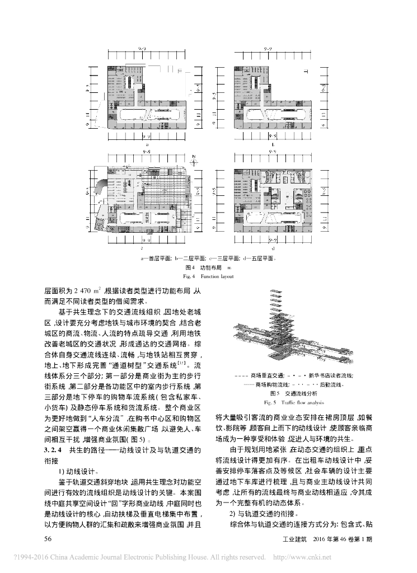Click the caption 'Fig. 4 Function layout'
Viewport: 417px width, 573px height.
pos(208,276)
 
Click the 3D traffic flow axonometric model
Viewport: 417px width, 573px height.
pos(283,330)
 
